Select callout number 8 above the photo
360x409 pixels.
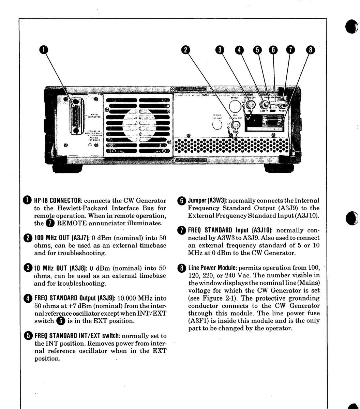[310, 50]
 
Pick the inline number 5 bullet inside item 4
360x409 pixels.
[61, 321]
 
